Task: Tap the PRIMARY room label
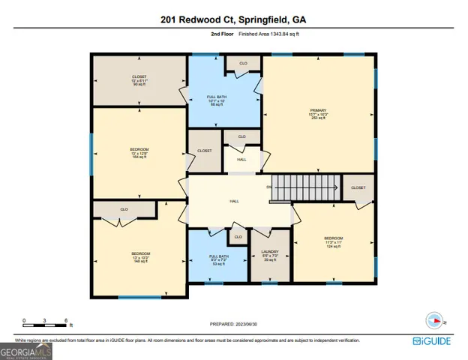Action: coord(319,113)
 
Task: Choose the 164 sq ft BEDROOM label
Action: coord(139,153)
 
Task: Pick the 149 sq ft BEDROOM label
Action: coord(141,257)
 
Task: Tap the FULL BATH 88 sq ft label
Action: coord(217,100)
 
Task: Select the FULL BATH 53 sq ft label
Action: coord(218,259)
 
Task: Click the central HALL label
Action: coord(234,200)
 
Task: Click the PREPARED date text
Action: coord(233,324)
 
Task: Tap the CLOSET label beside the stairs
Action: coord(358,187)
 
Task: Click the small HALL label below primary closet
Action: coord(241,159)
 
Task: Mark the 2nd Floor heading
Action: coord(221,34)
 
